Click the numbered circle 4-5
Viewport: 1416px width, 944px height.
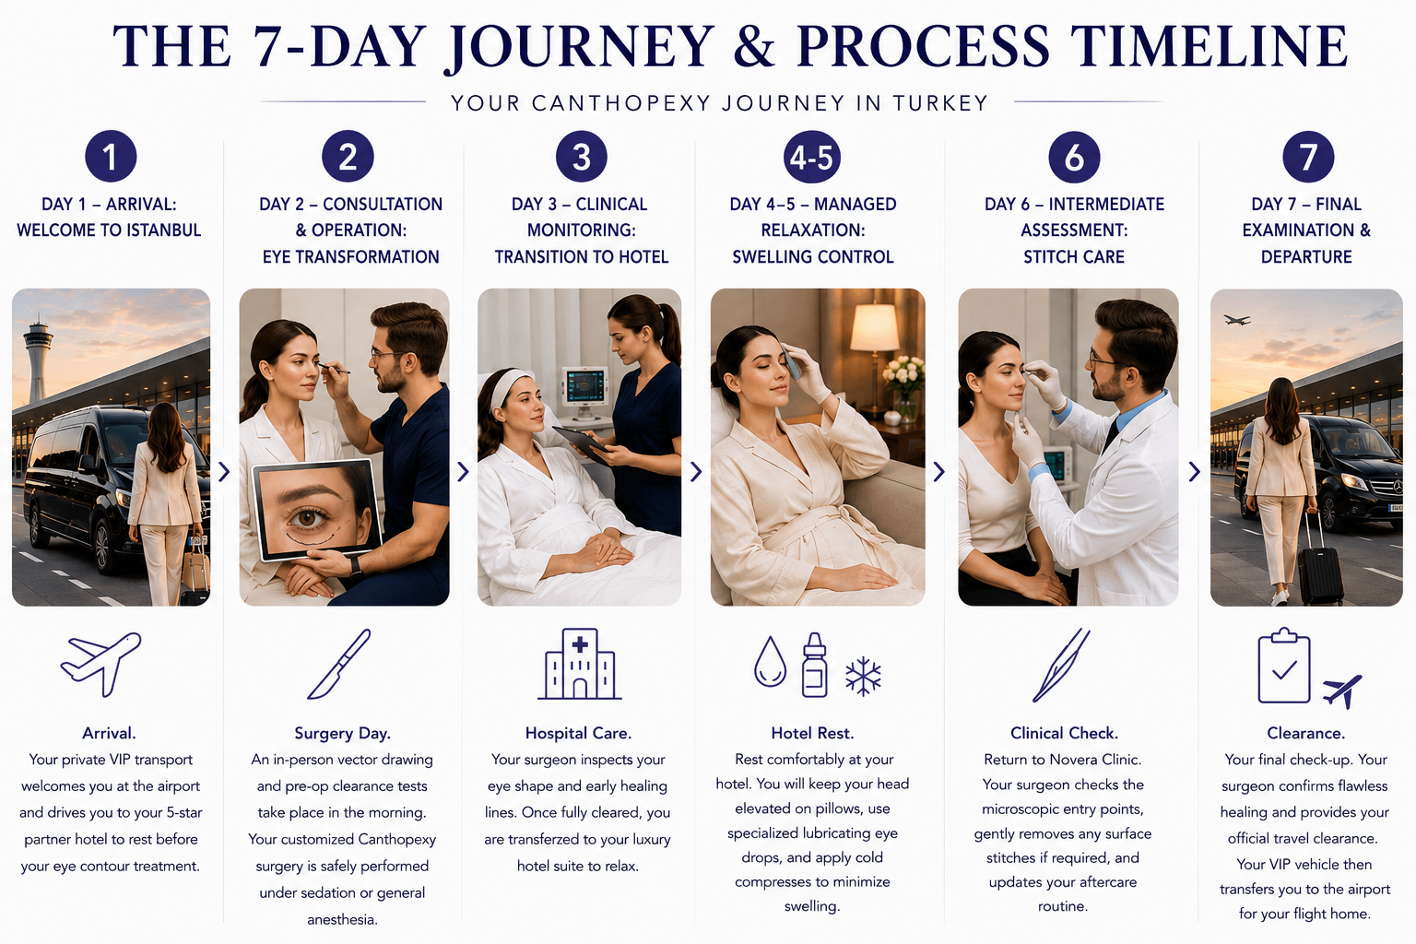click(811, 157)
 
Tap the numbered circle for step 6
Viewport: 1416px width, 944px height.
click(1074, 157)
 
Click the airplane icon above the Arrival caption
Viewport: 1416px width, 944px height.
click(101, 663)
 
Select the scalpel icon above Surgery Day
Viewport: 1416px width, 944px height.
click(339, 664)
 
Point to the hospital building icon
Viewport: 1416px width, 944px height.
click(580, 664)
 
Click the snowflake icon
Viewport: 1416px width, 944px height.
click(863, 677)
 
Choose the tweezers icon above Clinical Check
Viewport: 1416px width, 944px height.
click(1061, 666)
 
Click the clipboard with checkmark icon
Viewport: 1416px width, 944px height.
click(1284, 666)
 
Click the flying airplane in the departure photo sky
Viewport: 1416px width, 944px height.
click(1236, 320)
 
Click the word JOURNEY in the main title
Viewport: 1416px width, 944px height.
click(579, 47)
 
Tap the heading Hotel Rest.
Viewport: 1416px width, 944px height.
click(812, 733)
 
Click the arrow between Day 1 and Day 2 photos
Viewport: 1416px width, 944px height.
click(224, 472)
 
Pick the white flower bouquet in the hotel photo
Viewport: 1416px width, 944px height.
click(903, 376)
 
